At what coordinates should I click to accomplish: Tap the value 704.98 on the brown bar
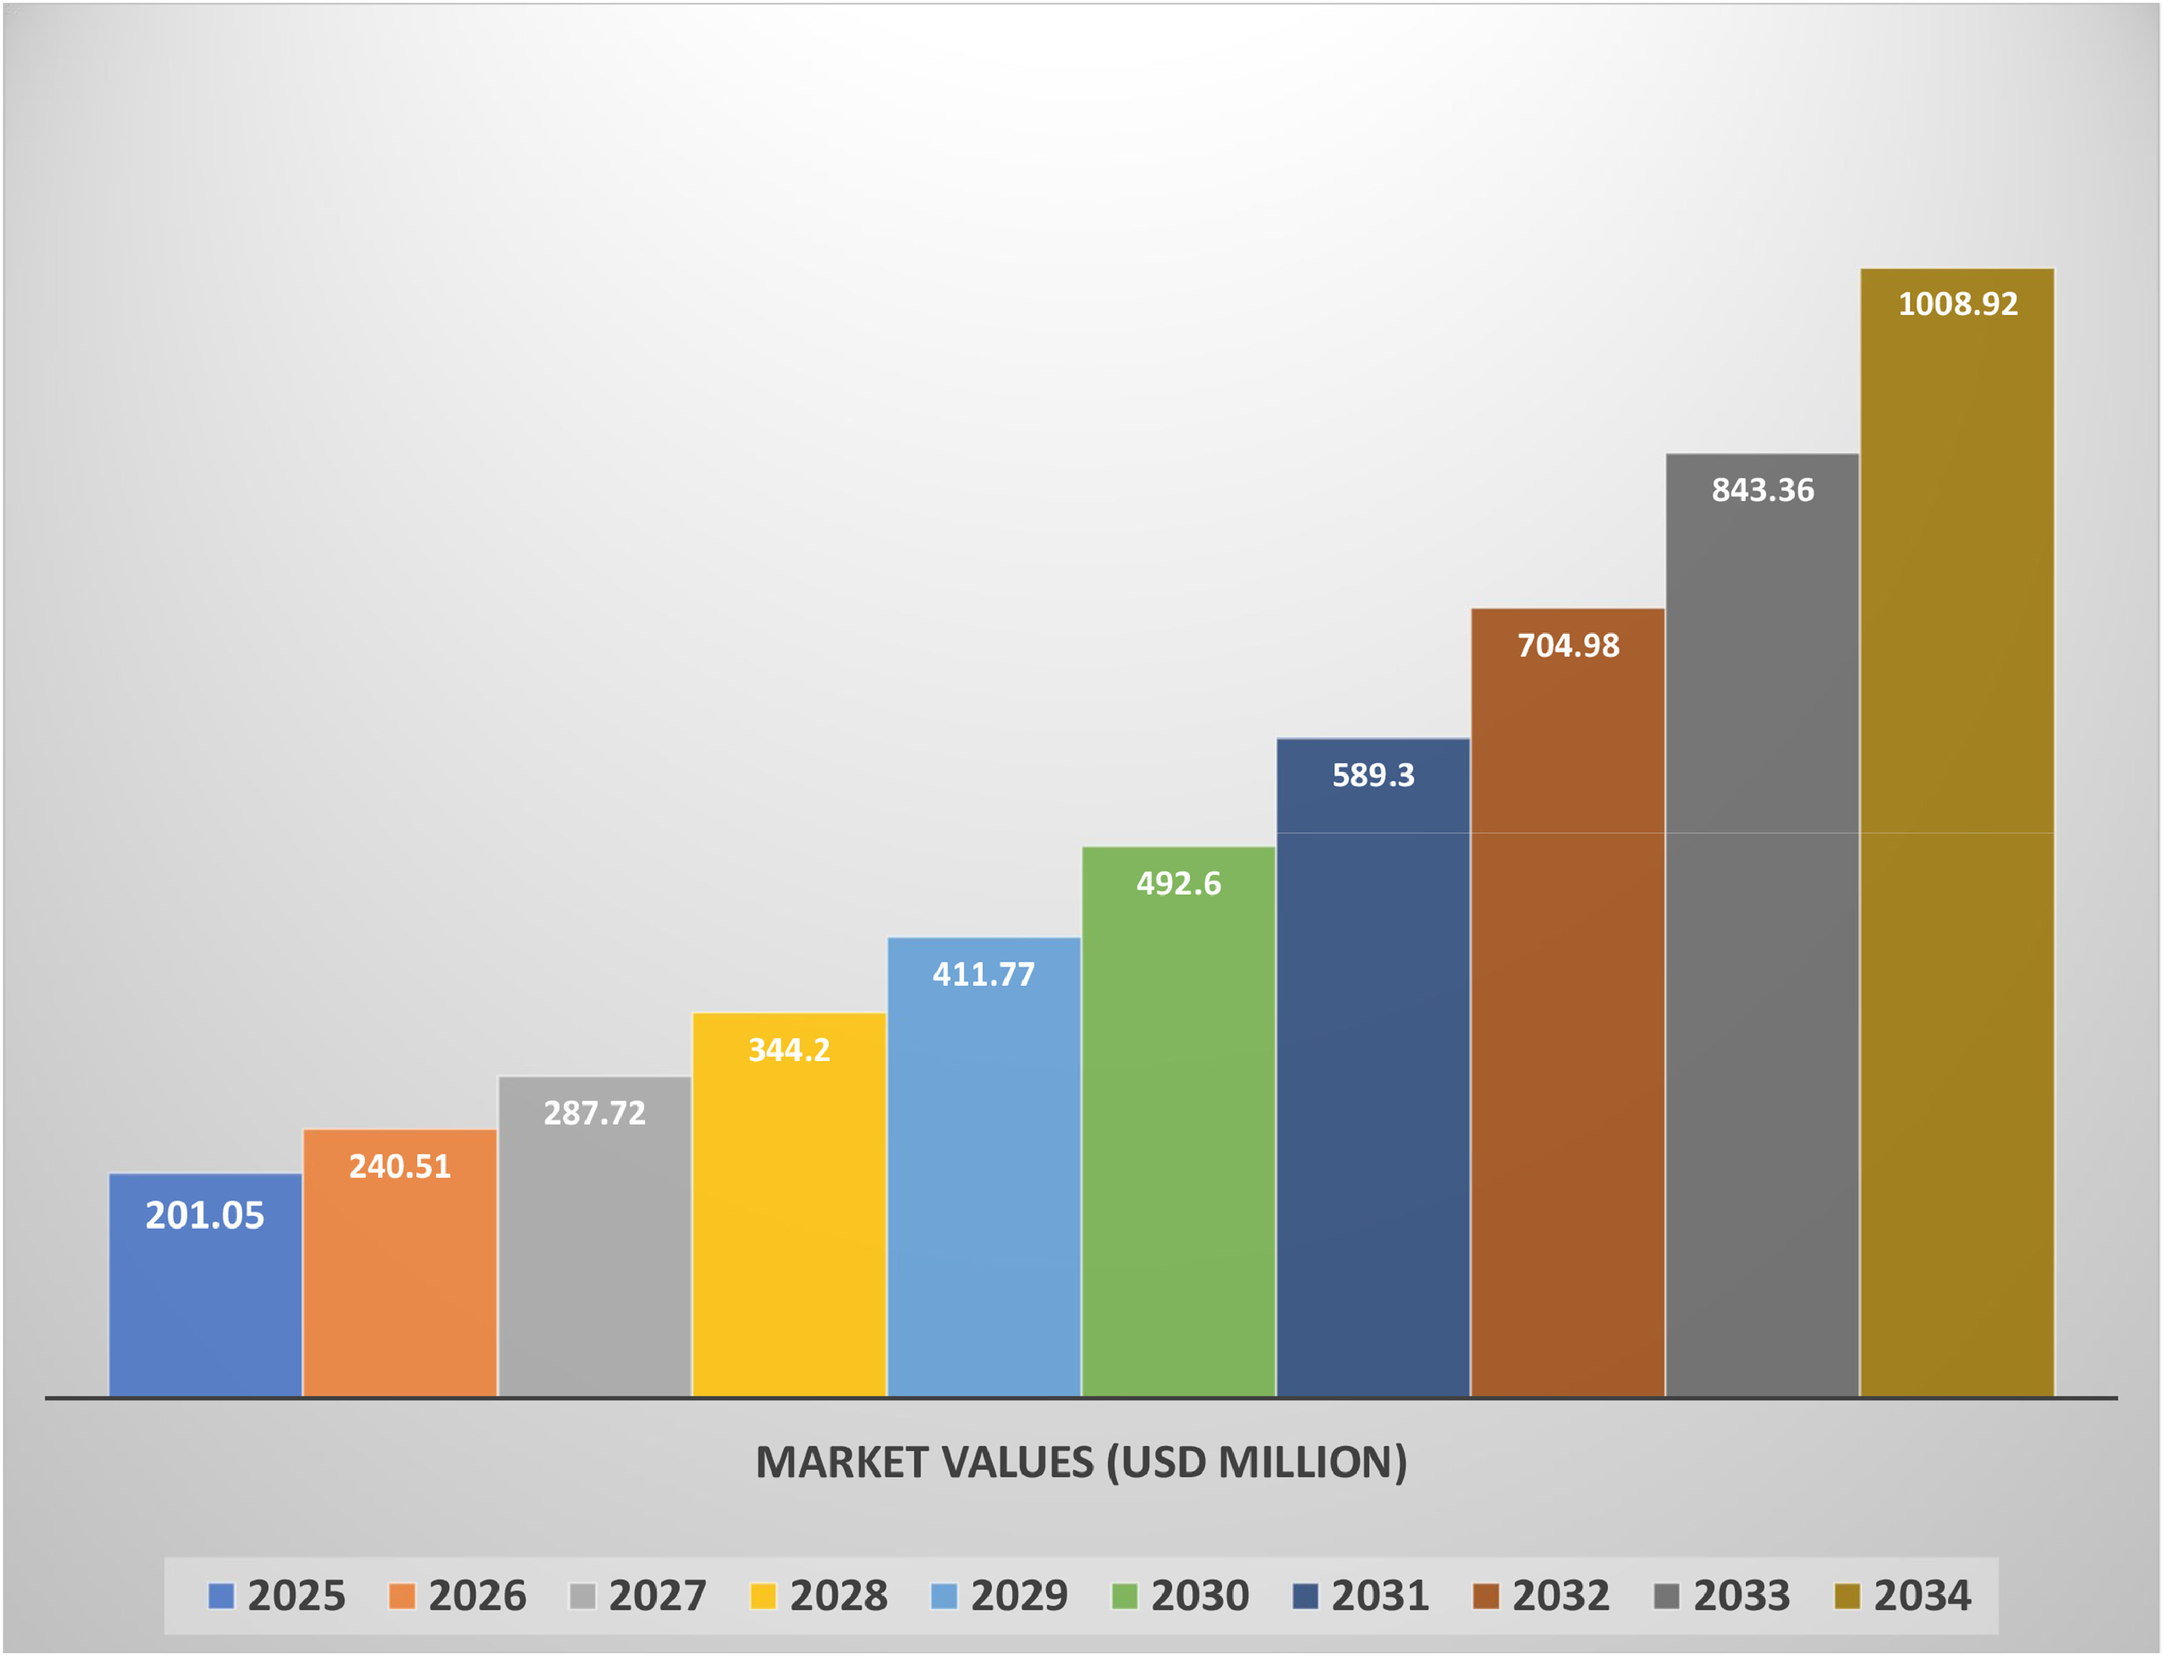coord(1568,646)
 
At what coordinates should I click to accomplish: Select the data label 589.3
coord(1373,776)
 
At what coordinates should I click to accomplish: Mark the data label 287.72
coord(594,1114)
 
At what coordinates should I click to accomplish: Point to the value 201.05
coord(205,1215)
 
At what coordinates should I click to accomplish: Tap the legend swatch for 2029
coord(944,1596)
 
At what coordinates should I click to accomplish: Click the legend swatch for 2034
coord(1846,1596)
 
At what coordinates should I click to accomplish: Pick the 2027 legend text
coord(658,1596)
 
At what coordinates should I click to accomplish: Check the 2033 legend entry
coord(1741,1596)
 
